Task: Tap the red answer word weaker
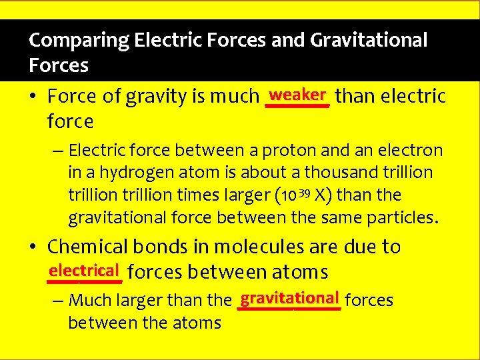(x=297, y=94)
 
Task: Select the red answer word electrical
(x=83, y=271)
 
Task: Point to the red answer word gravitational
(x=290, y=297)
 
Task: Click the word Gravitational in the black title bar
(x=369, y=41)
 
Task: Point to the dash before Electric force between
(x=58, y=151)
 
